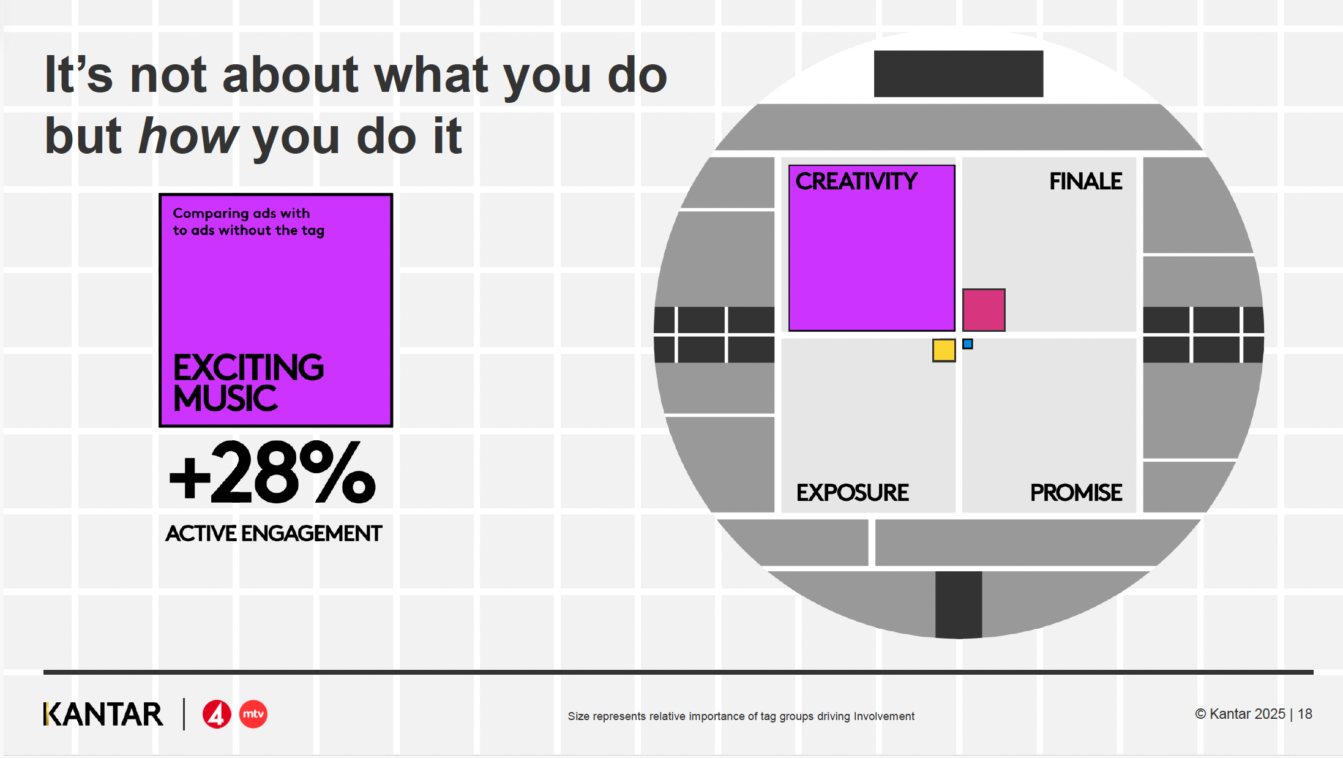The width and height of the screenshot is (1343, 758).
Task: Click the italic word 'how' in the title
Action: [x=189, y=135]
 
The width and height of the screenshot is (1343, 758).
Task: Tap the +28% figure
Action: [x=272, y=473]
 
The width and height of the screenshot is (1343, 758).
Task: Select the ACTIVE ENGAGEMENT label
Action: [x=274, y=533]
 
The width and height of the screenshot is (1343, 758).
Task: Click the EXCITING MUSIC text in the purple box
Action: [x=249, y=382]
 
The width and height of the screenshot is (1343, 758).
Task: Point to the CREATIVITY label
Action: [x=856, y=181]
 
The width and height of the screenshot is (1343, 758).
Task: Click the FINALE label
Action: [x=1085, y=181]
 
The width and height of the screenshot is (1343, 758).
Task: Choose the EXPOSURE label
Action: [x=852, y=492]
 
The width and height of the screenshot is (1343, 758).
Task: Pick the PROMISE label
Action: [x=1076, y=492]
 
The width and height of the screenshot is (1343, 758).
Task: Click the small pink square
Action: [x=984, y=310]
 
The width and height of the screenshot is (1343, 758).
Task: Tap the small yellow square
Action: [x=944, y=350]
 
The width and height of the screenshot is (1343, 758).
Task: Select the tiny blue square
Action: [x=968, y=344]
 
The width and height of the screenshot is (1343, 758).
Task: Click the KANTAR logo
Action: [x=103, y=715]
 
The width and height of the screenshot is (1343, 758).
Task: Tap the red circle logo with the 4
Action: [x=217, y=715]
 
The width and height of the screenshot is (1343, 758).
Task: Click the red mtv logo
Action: [x=253, y=715]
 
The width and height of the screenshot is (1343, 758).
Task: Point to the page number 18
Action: [x=1305, y=714]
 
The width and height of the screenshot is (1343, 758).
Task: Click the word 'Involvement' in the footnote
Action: [x=884, y=716]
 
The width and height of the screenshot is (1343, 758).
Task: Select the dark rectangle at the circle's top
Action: [x=959, y=73]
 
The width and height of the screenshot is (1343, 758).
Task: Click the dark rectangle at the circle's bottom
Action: [x=959, y=605]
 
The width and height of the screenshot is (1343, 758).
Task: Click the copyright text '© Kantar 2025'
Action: [x=1240, y=714]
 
